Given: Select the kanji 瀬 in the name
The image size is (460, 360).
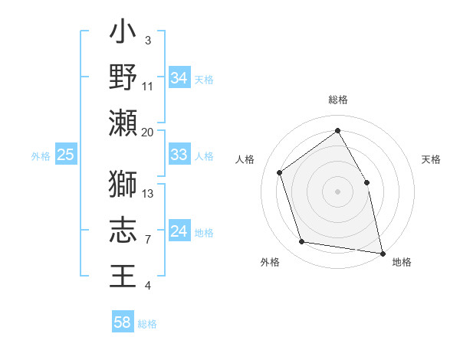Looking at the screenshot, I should point(123,123).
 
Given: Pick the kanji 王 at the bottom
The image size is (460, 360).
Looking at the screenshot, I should point(123,276).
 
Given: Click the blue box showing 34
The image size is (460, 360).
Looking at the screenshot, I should point(179,77).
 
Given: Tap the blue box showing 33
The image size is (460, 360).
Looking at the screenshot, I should point(179,155).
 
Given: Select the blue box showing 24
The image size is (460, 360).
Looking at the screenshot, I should point(179,231).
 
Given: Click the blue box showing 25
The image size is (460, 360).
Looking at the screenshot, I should point(65,155).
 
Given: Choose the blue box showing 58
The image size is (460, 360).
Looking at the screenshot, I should point(123,322).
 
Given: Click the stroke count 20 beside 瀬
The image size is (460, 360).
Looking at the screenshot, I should point(148,132).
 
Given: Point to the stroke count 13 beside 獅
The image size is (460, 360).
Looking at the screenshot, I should point(149,193).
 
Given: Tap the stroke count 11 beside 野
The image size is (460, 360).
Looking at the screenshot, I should point(148,86).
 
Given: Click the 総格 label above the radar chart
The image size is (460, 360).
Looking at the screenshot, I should point(338,100).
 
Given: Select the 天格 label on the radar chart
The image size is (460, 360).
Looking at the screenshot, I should point(431,159).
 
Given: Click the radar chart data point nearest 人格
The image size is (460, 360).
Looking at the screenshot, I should point(280,172).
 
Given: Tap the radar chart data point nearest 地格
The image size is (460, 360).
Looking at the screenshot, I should point(382,253).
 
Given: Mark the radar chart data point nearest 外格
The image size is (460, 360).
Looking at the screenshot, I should point(302,242).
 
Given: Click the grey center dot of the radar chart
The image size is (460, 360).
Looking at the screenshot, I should point(338,191).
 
